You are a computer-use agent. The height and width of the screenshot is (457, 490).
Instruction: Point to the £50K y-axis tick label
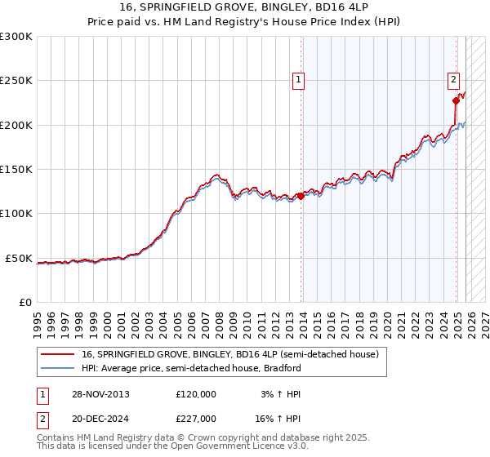coord(17,258)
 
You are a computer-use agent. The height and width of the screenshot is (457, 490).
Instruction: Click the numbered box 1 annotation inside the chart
coord(299,80)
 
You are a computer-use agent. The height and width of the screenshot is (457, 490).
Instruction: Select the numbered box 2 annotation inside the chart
coord(452,80)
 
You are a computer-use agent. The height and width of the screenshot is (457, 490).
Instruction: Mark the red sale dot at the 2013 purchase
coord(301,196)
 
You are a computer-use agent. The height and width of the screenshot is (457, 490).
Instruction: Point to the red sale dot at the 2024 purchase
coord(456,101)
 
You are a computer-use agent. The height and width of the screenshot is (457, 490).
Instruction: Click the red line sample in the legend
coord(58,355)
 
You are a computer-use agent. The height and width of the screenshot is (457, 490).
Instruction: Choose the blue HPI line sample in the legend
coord(58,368)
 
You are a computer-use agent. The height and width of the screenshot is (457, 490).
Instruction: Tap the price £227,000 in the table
coord(195,419)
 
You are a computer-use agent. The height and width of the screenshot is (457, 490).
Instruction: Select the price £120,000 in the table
coord(195,394)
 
